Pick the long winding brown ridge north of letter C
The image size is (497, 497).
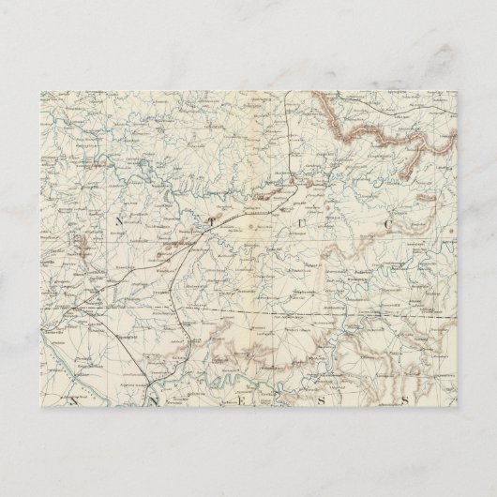point(375,131)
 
